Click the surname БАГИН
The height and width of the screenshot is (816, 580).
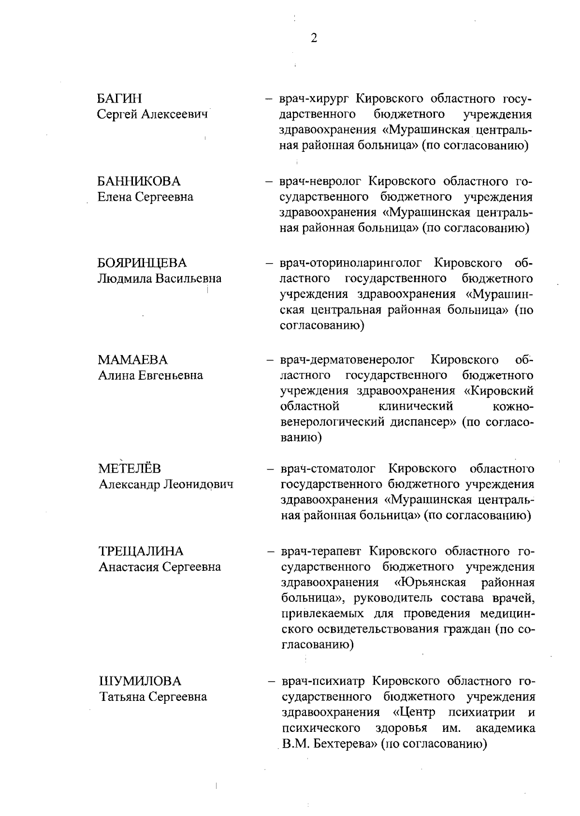pos(119,99)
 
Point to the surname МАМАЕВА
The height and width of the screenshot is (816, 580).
pos(133,360)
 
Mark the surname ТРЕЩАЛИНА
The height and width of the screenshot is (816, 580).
pos(141,551)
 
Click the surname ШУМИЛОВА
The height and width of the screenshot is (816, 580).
pos(140,682)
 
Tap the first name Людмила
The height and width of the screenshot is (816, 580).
pos(121,279)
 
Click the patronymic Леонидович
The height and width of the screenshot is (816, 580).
pos(199,484)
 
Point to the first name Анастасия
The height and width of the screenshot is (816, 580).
pos(128,567)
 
